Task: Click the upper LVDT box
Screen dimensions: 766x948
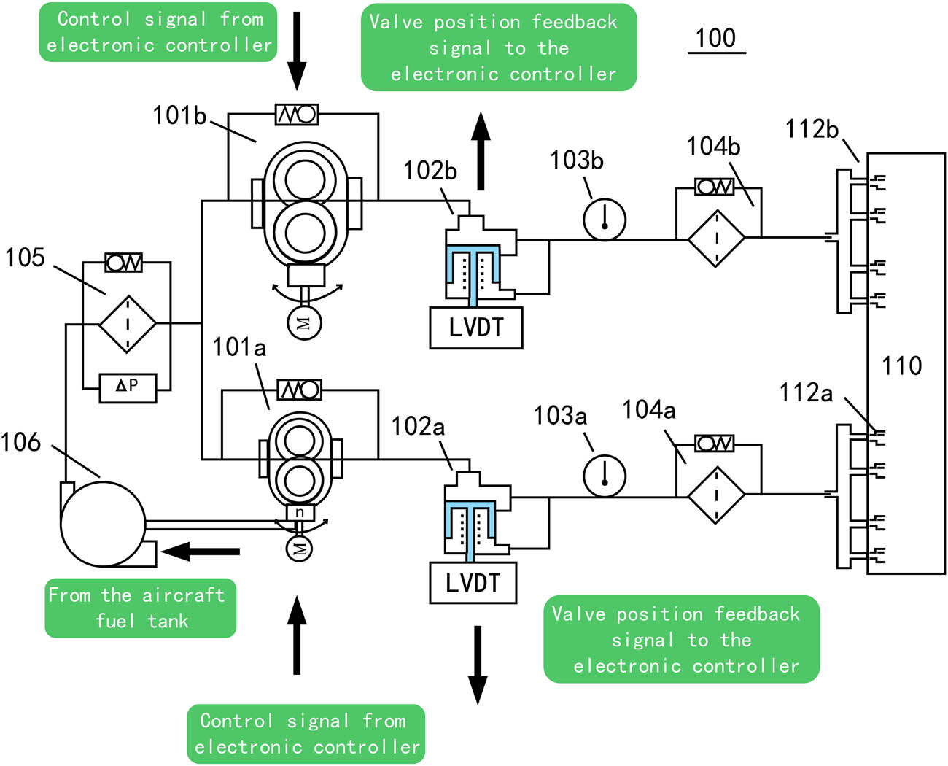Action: [475, 328]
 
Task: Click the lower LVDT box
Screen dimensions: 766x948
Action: [473, 582]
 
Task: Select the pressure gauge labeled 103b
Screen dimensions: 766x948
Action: [605, 219]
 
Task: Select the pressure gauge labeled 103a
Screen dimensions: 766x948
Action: [605, 476]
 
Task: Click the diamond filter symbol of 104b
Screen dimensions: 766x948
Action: [717, 238]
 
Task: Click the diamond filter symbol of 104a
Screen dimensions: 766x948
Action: [716, 495]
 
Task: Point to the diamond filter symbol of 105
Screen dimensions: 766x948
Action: [128, 324]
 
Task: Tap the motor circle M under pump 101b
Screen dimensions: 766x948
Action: [303, 322]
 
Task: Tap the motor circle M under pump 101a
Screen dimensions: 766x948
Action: [299, 546]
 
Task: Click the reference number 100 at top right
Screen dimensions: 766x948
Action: [715, 38]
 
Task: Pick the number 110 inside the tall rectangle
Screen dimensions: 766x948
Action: [902, 365]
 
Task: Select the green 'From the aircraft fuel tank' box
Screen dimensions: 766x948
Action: [141, 608]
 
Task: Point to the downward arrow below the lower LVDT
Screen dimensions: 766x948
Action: [478, 664]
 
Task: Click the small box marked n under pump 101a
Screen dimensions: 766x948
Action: [299, 513]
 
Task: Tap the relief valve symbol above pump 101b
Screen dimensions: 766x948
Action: [297, 115]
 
